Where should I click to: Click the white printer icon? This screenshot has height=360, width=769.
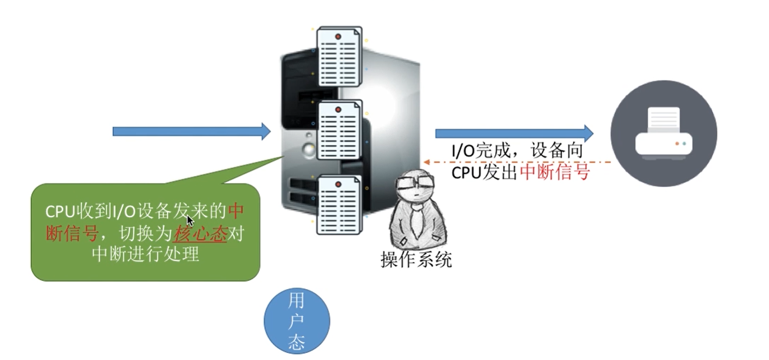(663, 133)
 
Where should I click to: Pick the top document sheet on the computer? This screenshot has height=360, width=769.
(338, 56)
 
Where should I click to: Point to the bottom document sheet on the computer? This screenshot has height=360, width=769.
(338, 204)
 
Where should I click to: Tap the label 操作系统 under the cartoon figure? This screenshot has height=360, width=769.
(416, 259)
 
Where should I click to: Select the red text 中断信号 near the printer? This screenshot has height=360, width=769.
(554, 172)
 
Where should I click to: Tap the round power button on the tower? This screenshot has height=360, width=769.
(309, 149)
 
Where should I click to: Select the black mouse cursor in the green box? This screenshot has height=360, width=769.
(190, 221)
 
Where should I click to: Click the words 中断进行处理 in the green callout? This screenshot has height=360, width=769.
(146, 254)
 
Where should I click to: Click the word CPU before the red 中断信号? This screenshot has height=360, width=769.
(466, 172)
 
